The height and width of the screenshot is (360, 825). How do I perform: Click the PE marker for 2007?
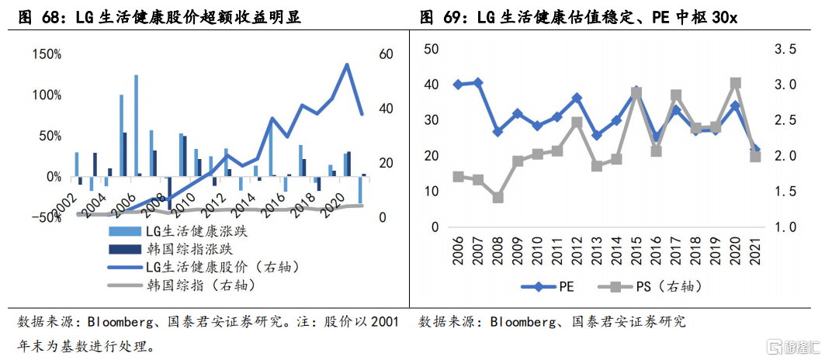click(x=478, y=83)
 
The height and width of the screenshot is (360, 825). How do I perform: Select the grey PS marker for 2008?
click(x=497, y=198)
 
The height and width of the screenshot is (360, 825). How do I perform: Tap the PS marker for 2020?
click(x=736, y=83)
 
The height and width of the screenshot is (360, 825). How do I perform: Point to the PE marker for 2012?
click(x=577, y=98)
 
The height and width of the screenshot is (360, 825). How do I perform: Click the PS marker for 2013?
click(x=597, y=166)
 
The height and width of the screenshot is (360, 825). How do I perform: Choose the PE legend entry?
click(x=547, y=287)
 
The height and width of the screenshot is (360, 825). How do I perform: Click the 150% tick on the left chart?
click(x=47, y=54)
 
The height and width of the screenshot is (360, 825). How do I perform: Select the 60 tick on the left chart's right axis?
click(x=387, y=54)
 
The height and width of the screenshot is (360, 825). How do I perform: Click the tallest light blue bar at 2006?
click(x=137, y=126)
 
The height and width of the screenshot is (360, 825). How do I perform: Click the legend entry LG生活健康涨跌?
click(x=177, y=231)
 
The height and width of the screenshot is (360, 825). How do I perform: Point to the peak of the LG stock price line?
click(x=347, y=64)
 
